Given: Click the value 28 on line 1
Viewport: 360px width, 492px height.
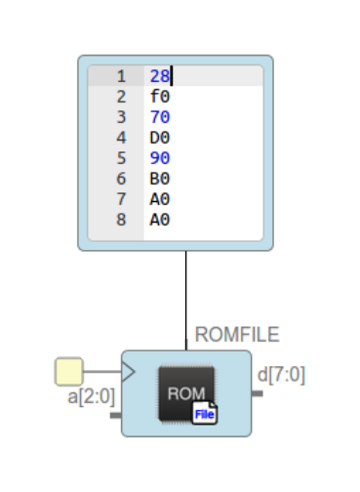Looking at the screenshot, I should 160,76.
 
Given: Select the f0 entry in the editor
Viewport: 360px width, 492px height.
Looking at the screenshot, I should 160,97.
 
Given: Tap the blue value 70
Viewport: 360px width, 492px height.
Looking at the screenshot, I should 160,117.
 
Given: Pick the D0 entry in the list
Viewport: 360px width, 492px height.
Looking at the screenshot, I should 160,138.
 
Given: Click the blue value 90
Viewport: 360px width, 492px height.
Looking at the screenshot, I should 160,158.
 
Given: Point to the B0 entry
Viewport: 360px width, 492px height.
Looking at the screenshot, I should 160,179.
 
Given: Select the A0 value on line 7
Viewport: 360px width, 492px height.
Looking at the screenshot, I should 160,199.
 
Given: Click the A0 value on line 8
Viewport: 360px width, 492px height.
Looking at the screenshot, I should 160,220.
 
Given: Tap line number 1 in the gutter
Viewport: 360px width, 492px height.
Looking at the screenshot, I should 122,76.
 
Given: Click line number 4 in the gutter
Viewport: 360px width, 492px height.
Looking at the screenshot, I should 122,138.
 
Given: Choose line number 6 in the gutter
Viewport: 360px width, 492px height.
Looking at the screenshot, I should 122,179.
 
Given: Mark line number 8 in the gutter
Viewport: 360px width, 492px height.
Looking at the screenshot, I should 122,220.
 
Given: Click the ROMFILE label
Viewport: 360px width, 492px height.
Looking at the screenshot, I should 237,335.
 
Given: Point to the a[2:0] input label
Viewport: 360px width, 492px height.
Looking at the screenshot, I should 91,397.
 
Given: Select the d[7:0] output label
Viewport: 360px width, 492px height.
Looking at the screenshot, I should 281,374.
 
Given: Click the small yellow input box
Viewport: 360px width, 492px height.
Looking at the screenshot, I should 68,371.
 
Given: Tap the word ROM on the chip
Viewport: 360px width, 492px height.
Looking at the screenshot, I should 185,393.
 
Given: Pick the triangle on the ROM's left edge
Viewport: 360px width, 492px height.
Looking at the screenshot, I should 128,371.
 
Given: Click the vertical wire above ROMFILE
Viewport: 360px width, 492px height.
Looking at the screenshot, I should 185,293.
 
